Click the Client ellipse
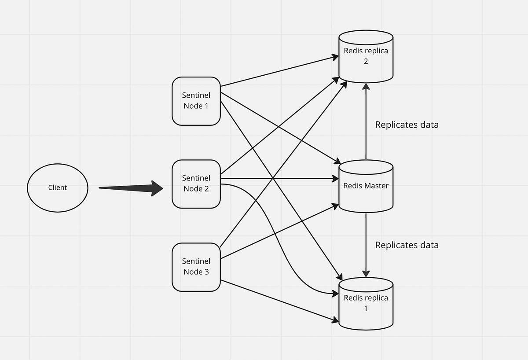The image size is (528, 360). pos(58,187)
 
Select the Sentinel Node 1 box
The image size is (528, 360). pos(196,101)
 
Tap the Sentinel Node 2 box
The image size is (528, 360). pos(196,184)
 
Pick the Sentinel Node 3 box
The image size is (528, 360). pos(196,267)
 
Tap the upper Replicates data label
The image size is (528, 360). pos(407,125)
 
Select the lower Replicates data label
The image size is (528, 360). pos(407,245)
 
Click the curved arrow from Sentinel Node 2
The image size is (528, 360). pos(273,238)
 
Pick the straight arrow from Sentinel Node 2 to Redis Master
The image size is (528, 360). pos(277,179)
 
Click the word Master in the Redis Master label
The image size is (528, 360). pos(377,186)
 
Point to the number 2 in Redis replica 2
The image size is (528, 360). pos(366,61)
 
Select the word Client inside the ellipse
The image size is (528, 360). pos(58,187)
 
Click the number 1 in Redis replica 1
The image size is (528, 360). pos(366,309)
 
